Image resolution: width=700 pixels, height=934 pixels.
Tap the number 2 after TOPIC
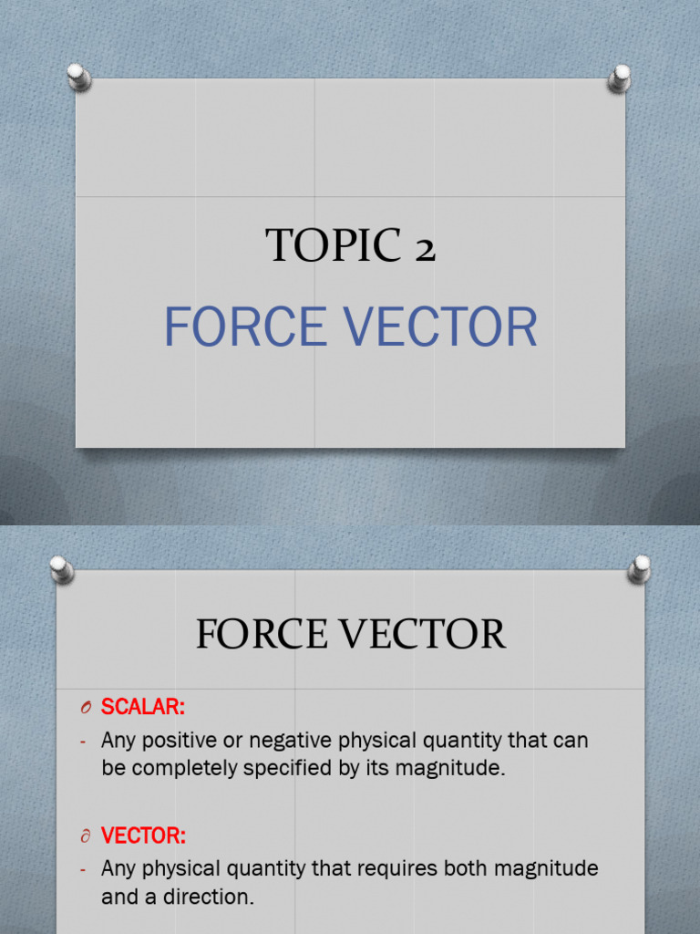click(424, 249)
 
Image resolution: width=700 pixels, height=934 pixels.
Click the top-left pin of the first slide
click(79, 76)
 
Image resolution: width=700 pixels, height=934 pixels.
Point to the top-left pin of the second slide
click(62, 569)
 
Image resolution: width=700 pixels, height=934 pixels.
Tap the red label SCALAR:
click(142, 707)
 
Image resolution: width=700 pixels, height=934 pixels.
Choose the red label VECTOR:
click(143, 835)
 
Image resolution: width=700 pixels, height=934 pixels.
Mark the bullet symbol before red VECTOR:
click(84, 836)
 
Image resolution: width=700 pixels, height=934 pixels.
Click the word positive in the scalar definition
click(180, 741)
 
